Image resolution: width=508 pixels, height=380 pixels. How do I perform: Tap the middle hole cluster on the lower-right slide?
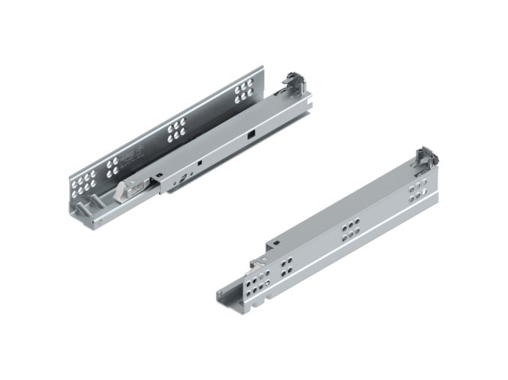point(350,230)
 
